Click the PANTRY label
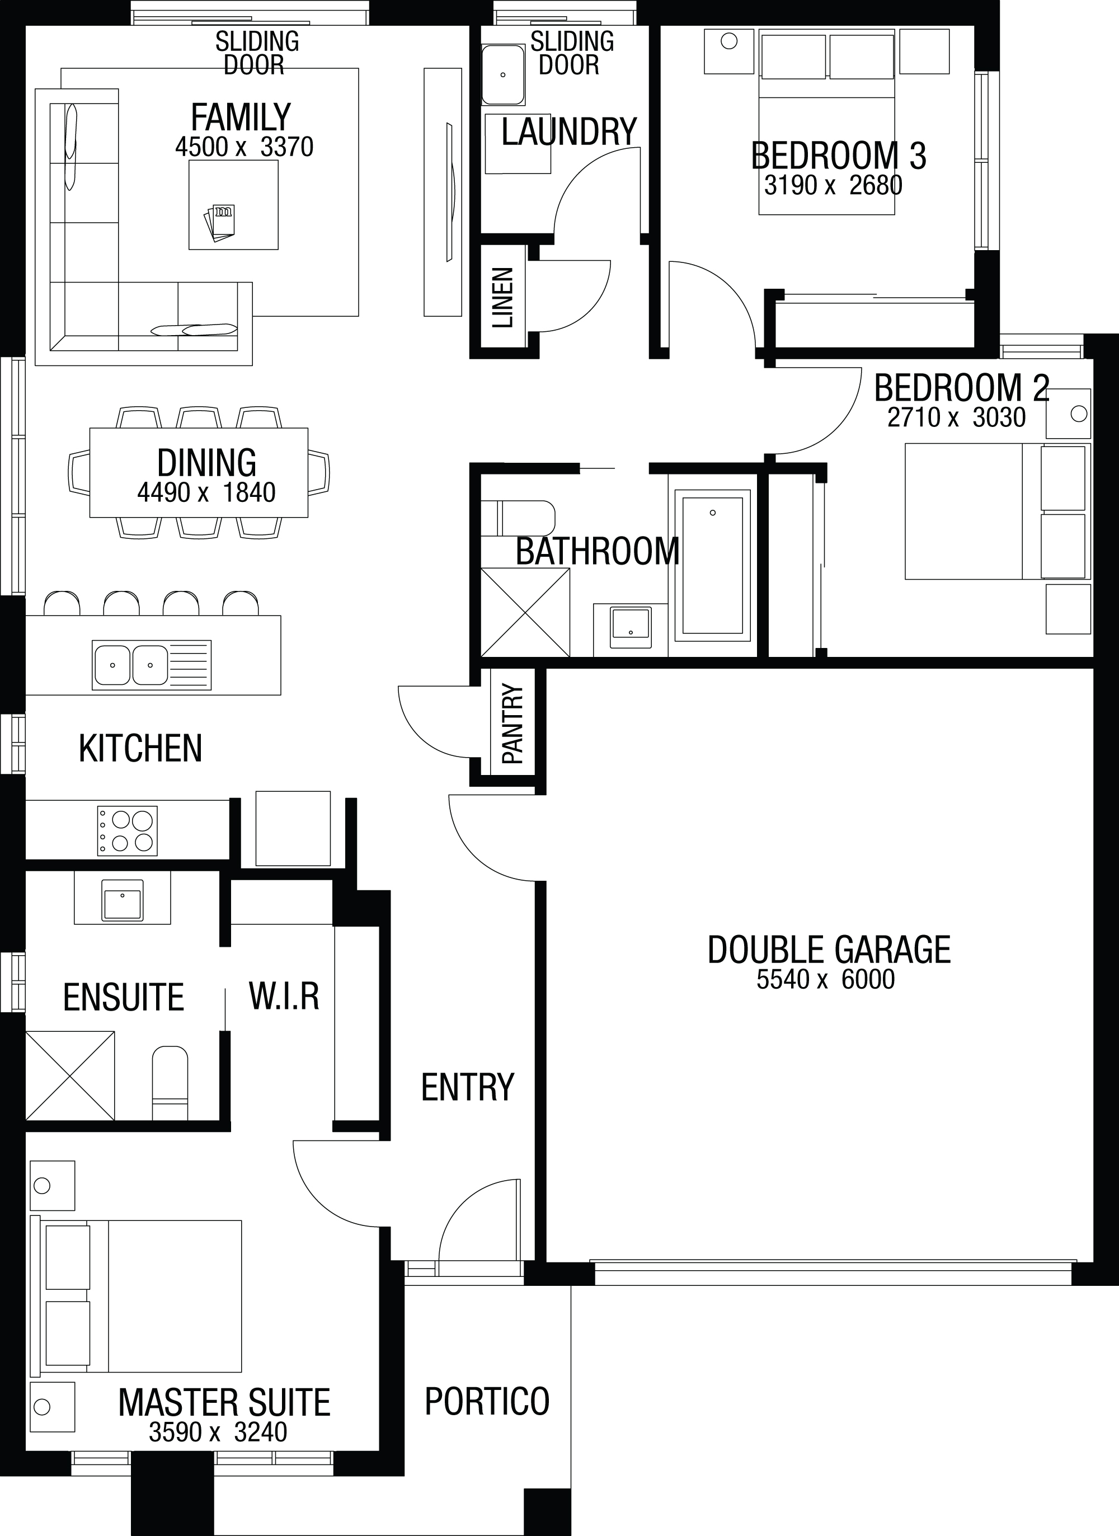pos(513,724)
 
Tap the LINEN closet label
pos(502,298)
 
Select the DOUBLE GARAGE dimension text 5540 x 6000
pos(826,979)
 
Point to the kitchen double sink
pos(152,665)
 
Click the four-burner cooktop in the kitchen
pos(128,830)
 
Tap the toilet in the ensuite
pos(170,1082)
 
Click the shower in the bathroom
pos(525,612)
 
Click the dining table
pos(199,473)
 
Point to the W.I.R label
pos(284,995)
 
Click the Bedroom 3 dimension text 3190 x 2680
pos(833,185)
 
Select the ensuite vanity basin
pos(123,901)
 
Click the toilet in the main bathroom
pos(518,518)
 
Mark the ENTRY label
pos(467,1087)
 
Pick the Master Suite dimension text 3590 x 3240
pos(218,1432)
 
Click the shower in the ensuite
pos(70,1075)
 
